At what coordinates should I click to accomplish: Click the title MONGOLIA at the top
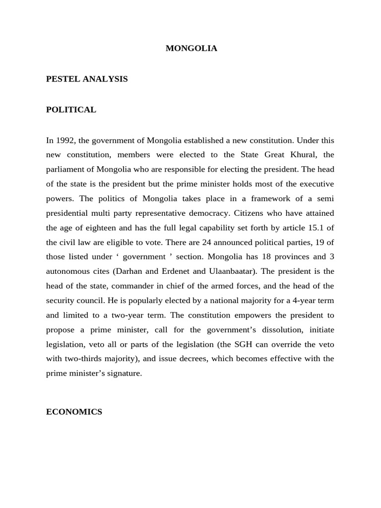point(191,49)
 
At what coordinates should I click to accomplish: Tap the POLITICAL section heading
point(71,110)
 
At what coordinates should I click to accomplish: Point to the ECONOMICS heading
point(74,412)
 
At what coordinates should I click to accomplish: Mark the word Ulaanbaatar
point(233,271)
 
